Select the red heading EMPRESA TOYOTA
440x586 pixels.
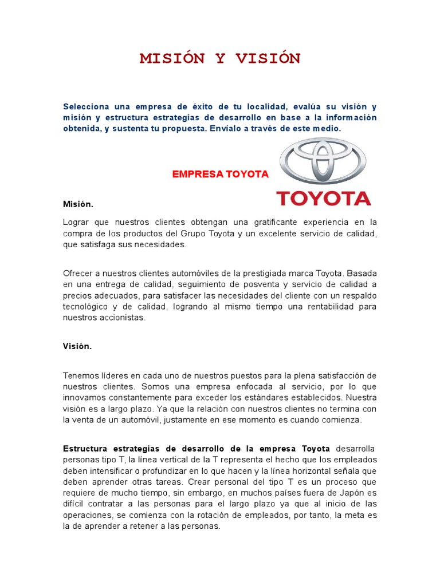coord(221,175)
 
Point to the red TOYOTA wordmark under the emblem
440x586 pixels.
coord(324,199)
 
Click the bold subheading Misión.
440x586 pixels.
coord(78,204)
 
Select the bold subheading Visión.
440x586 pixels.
coord(77,346)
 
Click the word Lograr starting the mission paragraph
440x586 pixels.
coord(76,222)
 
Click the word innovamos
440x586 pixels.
coord(85,397)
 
